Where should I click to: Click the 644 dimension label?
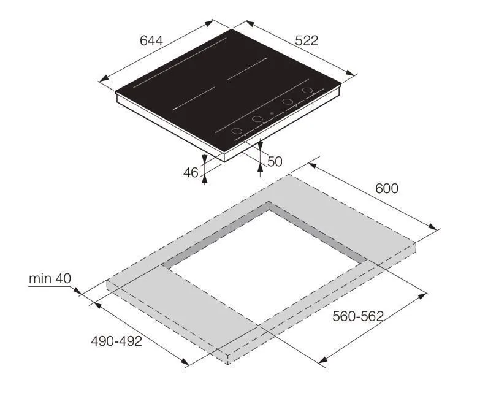pos(151,40)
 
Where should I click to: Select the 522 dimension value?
pos(307,40)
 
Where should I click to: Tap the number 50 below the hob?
pos(275,161)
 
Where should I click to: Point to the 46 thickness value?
pos(191,172)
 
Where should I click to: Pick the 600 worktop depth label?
pos(387,189)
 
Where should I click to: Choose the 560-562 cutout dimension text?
pos(358,316)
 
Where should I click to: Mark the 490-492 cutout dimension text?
pos(116,341)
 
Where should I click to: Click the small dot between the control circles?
pos(272,113)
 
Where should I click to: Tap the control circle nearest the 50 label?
pos(237,131)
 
